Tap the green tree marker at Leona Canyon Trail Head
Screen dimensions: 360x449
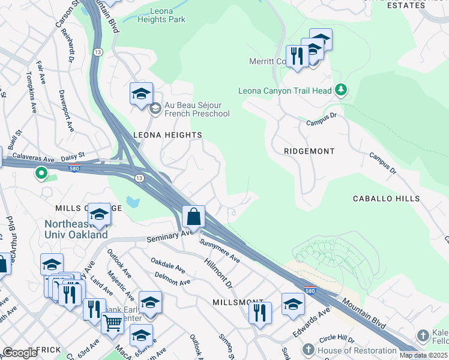[342, 90]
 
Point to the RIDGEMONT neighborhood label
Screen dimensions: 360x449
[309, 151]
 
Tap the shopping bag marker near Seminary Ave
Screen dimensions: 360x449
[194, 217]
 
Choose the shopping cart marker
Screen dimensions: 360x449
[112, 323]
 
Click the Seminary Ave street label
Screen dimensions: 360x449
[170, 236]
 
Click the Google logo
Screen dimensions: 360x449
[20, 353]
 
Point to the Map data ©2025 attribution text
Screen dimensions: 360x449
[423, 355]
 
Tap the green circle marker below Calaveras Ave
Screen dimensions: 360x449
[41, 174]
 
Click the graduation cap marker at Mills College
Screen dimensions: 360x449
[98, 214]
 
